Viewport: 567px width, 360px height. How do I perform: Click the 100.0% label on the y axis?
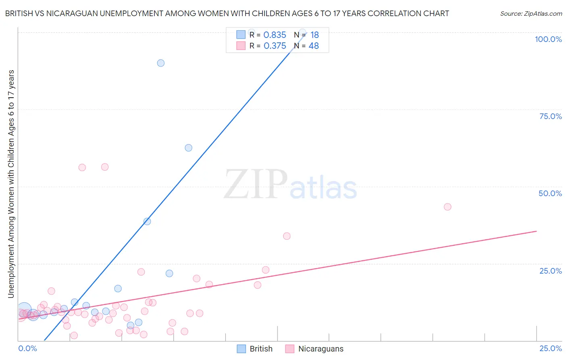coord(548,39)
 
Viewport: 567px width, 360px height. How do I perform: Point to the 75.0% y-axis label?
coord(550,116)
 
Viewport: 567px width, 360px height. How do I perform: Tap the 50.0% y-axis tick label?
coord(550,193)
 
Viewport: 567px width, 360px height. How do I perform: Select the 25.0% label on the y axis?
coord(550,270)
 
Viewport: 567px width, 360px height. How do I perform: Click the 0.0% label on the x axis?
coord(27,348)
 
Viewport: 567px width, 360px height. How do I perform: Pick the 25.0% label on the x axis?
coord(550,348)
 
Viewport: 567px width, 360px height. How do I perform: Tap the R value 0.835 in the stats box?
coord(275,35)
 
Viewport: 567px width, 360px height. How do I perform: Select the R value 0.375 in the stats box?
coord(275,46)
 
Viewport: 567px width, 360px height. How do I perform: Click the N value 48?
coord(314,46)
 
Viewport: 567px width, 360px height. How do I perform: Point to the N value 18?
coord(315,35)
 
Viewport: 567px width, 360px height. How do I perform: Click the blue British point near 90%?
coord(161,63)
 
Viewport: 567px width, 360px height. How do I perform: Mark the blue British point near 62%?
coord(188,148)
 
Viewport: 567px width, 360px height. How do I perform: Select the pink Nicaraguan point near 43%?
coord(447,207)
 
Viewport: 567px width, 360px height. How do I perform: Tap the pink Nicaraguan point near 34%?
coord(287,236)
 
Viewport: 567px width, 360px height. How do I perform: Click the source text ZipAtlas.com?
coord(531,14)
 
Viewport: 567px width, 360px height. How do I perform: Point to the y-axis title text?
coord(11,184)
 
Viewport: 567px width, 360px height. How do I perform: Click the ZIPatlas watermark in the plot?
coord(290,185)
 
